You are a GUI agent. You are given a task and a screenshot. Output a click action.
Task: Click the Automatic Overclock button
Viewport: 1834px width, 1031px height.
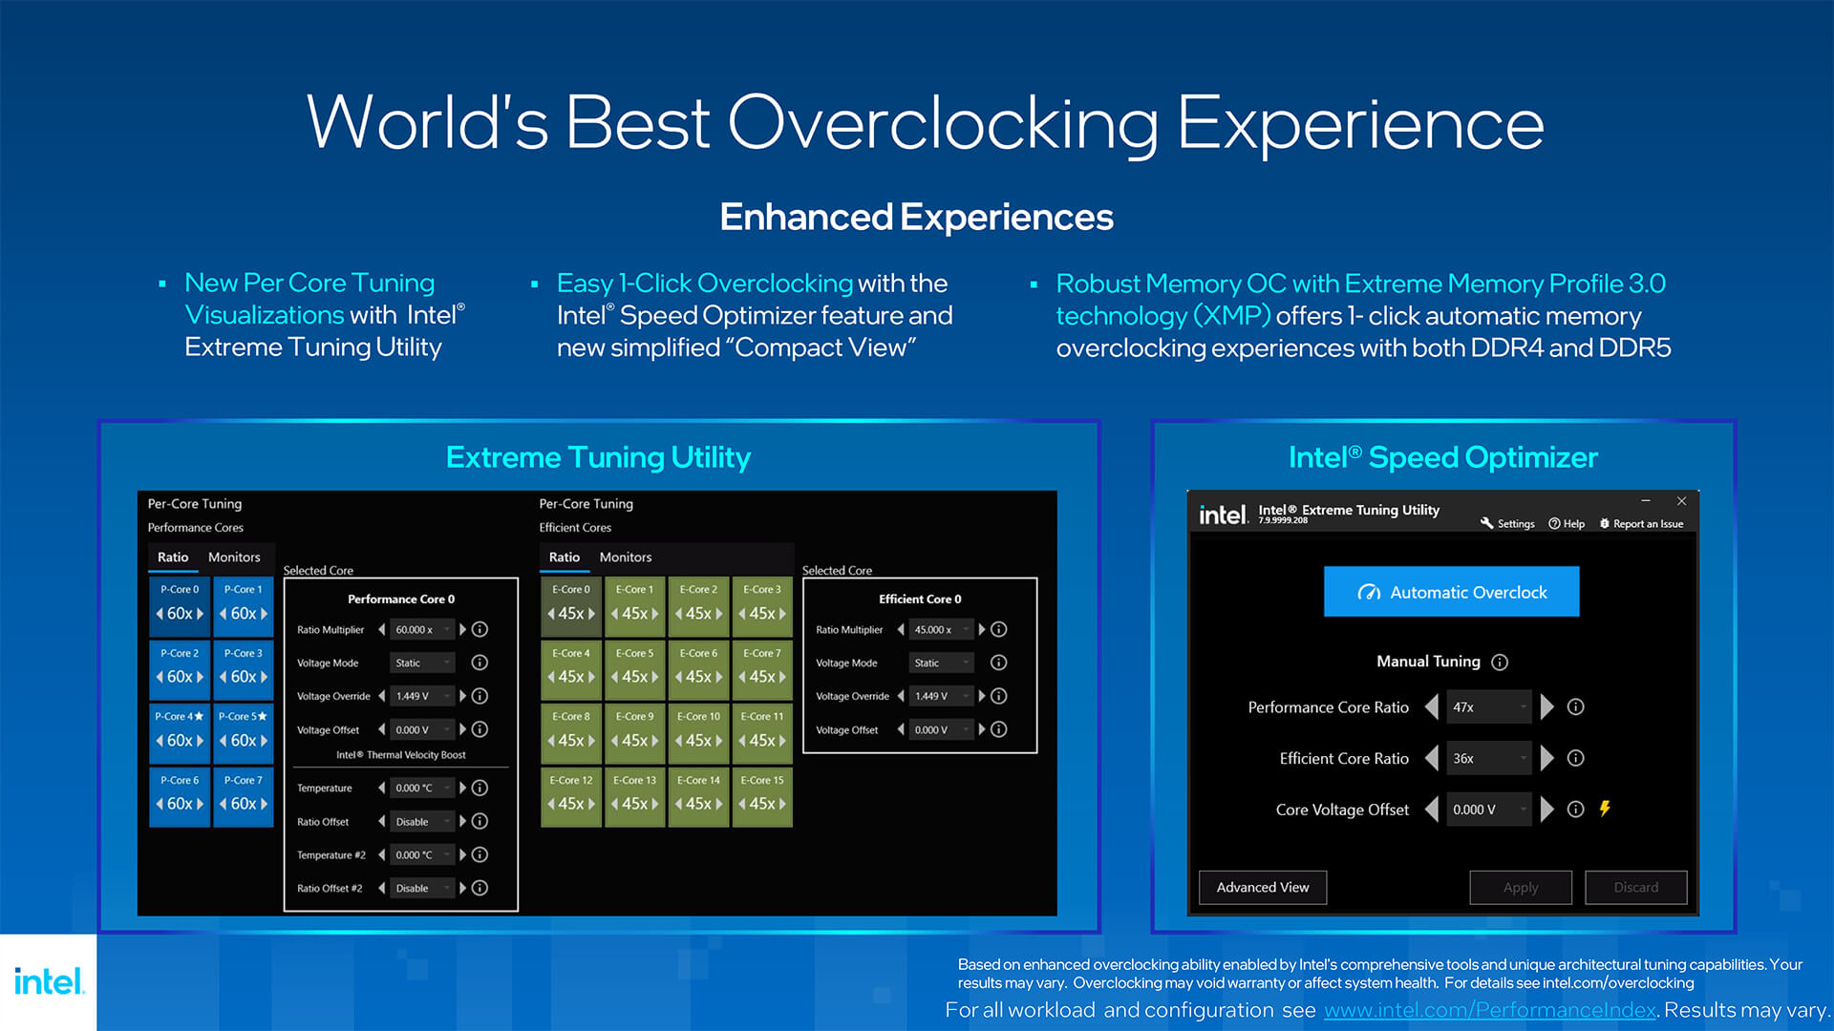[1451, 592]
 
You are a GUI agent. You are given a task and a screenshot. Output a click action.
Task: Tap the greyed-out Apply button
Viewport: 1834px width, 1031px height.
[1521, 887]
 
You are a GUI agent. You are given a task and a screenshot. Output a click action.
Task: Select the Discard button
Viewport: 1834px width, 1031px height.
[1635, 887]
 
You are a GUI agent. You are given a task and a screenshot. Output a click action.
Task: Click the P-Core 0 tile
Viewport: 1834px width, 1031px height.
[180, 604]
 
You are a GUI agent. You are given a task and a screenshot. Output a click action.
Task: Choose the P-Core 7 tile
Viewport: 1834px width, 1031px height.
[244, 795]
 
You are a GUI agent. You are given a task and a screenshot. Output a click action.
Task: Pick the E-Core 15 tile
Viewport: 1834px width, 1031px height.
[762, 795]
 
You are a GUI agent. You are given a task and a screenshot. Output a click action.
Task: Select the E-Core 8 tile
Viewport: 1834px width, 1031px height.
[571, 731]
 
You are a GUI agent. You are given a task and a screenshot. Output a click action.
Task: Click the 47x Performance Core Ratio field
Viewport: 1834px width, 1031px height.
[1488, 707]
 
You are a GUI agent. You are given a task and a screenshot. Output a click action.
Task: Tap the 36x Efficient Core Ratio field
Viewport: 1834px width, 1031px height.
[1488, 758]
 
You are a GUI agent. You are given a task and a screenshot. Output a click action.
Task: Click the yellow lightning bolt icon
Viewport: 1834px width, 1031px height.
[1605, 809]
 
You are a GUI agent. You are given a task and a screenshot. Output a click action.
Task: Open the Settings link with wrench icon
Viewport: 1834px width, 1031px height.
[1507, 523]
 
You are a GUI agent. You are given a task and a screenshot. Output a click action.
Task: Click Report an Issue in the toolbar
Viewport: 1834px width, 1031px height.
[1641, 523]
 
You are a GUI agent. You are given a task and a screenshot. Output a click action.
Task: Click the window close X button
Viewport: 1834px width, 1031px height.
[1681, 501]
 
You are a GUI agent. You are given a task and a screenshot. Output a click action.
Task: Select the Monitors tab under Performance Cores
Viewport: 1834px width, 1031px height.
[234, 557]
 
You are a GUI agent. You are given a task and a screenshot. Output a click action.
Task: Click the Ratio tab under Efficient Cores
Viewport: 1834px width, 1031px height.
[564, 557]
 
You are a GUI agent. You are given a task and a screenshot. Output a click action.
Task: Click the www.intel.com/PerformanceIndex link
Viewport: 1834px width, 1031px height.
[1490, 1010]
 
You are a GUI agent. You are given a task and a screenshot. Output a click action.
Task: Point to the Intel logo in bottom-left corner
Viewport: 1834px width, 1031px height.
[49, 981]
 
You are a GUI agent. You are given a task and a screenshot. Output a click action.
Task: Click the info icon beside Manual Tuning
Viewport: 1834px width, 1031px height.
[1500, 662]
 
